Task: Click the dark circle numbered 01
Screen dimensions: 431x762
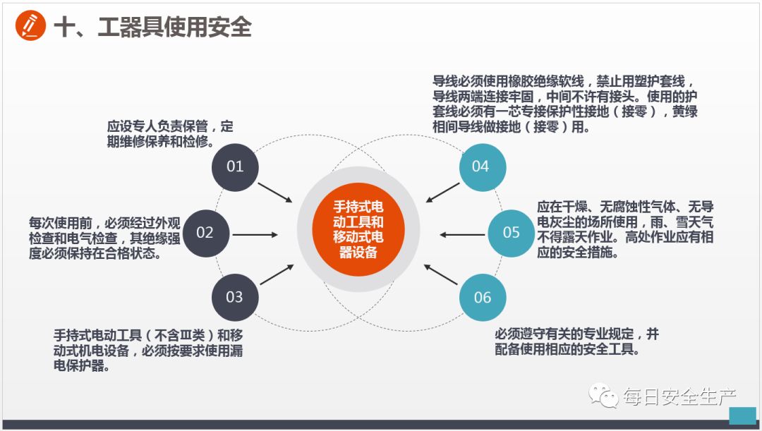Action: coord(235,166)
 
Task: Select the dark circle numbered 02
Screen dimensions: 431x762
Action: coord(205,232)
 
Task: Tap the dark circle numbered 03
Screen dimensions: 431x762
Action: coord(235,296)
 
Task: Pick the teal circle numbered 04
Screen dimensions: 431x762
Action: coord(480,166)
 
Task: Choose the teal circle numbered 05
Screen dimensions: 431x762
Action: coord(511,232)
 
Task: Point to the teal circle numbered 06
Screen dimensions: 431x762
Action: coord(483,297)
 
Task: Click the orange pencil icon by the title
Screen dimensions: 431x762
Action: coord(30,26)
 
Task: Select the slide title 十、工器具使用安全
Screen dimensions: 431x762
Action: coord(152,27)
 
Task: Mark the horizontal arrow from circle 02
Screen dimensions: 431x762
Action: coord(255,233)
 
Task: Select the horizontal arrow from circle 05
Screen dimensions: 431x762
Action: coord(462,233)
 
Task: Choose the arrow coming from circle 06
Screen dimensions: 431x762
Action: coord(442,274)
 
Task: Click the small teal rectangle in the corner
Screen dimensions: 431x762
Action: coord(742,415)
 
